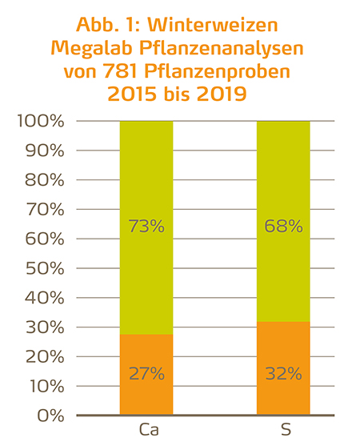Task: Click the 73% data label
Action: tap(146, 227)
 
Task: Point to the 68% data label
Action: tap(283, 227)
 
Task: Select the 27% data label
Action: tap(146, 373)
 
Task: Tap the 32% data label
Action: tap(283, 373)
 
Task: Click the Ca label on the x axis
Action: tap(146, 431)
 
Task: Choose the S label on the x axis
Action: tap(283, 431)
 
